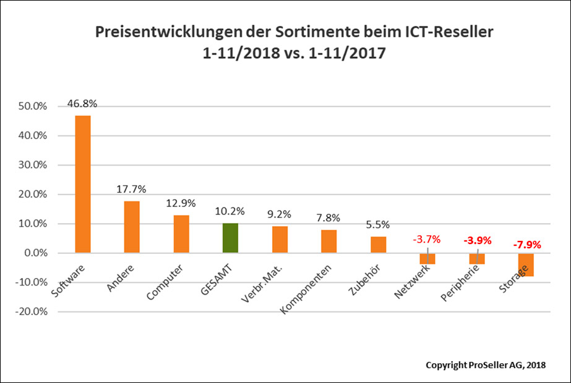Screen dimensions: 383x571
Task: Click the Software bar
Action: coord(82,184)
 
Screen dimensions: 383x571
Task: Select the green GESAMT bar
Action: coord(230,238)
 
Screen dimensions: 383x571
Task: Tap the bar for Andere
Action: coord(132,227)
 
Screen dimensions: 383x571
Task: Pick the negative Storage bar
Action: coord(526,264)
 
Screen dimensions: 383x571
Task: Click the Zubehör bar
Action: coord(378,245)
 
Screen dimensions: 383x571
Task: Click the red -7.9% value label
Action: coord(526,245)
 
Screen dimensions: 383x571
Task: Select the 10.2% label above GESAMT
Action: coord(230,211)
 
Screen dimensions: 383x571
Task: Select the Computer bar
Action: coord(181,234)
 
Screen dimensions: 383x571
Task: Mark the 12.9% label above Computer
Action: coord(181,203)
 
